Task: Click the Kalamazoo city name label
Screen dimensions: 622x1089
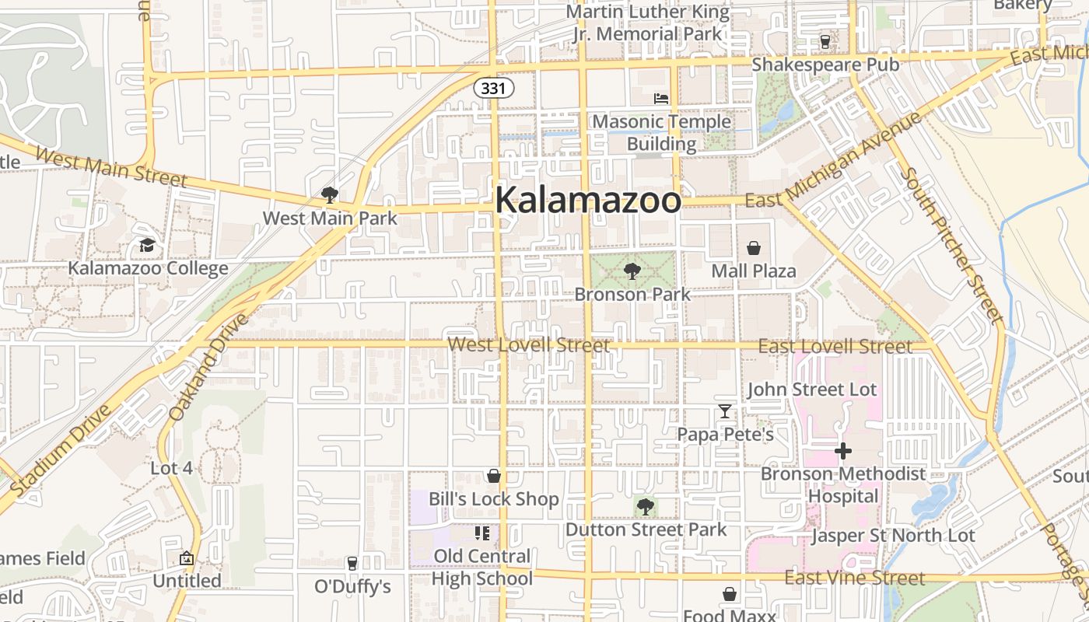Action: tap(588, 200)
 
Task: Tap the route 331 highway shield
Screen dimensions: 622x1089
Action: tap(494, 88)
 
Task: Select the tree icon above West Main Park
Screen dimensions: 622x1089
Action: tap(330, 194)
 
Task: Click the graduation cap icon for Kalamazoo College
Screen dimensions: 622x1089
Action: tap(147, 246)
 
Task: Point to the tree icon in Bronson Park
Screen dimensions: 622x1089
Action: tap(632, 271)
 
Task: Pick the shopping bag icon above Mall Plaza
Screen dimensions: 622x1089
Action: tap(754, 248)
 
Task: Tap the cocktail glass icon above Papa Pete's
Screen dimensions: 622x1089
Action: tap(725, 411)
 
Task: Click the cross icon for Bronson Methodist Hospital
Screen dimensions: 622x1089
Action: tap(843, 450)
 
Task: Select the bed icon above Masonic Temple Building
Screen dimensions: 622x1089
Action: tap(661, 99)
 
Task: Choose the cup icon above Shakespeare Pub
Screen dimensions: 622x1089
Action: tap(825, 41)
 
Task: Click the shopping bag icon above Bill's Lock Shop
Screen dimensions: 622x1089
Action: tap(494, 476)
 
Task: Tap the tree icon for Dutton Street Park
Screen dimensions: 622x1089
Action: tap(645, 507)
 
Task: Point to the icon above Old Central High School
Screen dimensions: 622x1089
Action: tap(482, 533)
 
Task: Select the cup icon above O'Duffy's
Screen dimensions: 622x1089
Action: tap(352, 563)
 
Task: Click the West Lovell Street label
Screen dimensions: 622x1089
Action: tap(529, 344)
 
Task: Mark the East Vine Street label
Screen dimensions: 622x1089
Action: tap(854, 578)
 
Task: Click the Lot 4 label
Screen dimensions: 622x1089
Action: tap(171, 468)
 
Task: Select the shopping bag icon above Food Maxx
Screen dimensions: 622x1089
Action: tap(730, 594)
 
